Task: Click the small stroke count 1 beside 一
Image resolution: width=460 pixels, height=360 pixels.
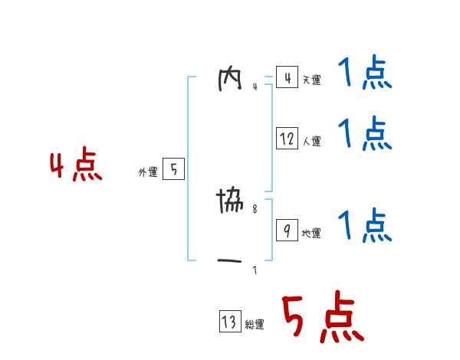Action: tap(255, 270)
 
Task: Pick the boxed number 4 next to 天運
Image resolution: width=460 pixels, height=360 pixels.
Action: tap(287, 77)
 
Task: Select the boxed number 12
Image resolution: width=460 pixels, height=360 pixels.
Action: tap(287, 139)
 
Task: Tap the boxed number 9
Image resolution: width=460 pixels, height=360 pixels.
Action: tap(287, 230)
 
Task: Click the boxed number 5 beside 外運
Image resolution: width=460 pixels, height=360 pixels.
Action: tap(173, 170)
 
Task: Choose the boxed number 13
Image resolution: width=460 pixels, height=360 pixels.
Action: tap(229, 322)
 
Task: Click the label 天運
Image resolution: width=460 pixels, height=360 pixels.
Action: tap(311, 80)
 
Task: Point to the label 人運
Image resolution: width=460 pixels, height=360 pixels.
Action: tap(311, 142)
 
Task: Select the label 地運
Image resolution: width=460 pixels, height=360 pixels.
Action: tap(311, 234)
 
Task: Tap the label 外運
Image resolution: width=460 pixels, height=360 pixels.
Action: tap(148, 173)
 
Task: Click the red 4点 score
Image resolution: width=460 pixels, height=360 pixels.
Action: tap(76, 167)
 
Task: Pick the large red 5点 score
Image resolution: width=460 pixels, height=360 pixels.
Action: tap(321, 319)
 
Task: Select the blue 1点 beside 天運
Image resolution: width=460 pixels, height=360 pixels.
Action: tap(365, 75)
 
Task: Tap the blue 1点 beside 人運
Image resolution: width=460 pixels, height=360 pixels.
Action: tap(365, 134)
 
